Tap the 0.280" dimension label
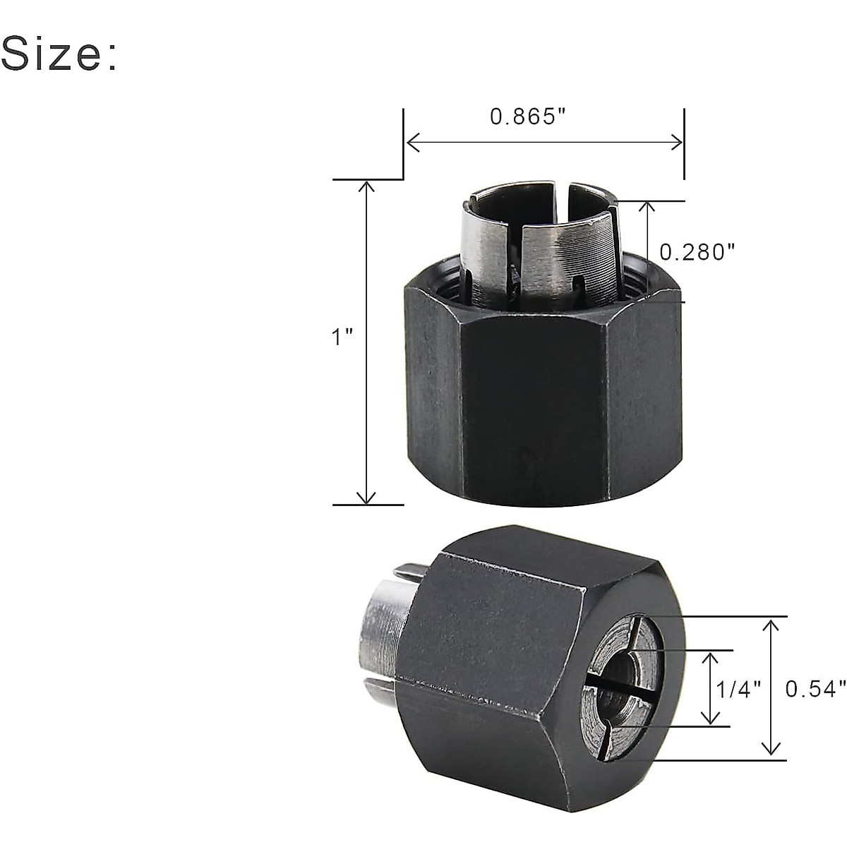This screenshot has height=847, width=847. pos(697,251)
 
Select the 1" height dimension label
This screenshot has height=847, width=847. pos(342,337)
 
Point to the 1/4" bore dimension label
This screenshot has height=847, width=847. pos(739,689)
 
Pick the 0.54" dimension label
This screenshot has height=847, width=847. pos(815,689)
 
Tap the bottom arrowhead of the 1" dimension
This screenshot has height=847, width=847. pos(366,498)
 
